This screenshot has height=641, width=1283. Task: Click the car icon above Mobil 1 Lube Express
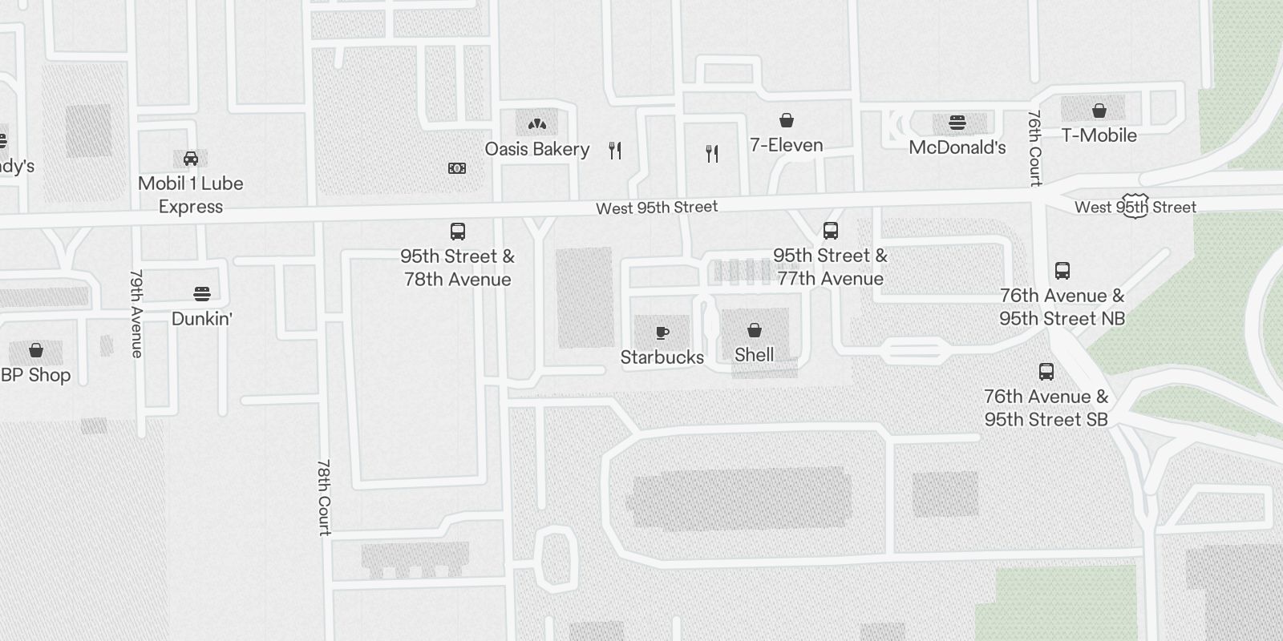tap(191, 158)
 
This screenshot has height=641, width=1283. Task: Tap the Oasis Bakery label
tap(536, 149)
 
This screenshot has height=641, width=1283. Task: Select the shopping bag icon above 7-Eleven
tap(787, 120)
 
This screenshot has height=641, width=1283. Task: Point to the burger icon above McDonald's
tap(957, 123)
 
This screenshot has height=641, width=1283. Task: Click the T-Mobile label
tap(1099, 135)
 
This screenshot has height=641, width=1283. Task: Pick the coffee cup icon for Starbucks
tap(662, 333)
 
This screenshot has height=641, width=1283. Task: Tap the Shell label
tap(754, 355)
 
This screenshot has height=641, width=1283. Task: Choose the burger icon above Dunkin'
tap(202, 293)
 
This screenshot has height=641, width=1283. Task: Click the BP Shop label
tap(36, 375)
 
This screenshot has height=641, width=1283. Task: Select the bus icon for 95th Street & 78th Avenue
tap(458, 232)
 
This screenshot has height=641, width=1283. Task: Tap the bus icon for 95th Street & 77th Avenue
tap(831, 231)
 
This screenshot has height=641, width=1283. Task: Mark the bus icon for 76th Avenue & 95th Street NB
tap(1062, 270)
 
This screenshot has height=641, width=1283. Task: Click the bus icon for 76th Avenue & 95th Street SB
tap(1046, 371)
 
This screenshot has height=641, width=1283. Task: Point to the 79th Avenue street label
tap(136, 313)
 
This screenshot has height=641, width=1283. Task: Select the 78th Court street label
tap(324, 497)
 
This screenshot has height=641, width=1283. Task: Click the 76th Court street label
tap(1034, 148)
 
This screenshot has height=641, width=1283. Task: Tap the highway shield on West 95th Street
tap(1136, 205)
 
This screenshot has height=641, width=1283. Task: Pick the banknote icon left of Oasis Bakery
tap(457, 168)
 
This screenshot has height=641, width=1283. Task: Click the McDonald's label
tap(957, 147)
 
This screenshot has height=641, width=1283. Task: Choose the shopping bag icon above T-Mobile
tap(1099, 110)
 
